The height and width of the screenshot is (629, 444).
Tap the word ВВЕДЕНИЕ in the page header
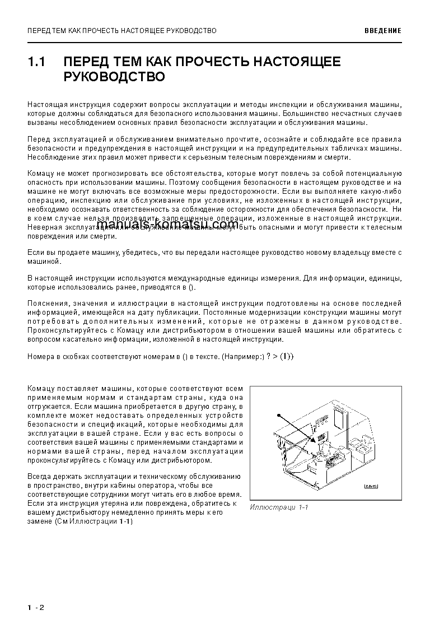pos(382,31)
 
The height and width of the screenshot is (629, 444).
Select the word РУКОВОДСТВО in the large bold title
pos(114,77)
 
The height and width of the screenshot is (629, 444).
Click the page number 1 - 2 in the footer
pos(35,607)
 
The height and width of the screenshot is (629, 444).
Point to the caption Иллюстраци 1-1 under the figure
pos(279,507)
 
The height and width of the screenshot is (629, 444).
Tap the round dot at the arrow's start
pos(278,415)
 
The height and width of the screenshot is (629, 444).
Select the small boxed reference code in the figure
pos(370,486)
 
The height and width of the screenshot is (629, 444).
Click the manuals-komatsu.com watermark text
pos(171,225)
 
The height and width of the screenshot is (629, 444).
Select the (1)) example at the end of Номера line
pos(286,356)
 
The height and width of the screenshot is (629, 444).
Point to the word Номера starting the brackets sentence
pos(40,357)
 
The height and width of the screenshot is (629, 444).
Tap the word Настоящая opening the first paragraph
pos(45,105)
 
